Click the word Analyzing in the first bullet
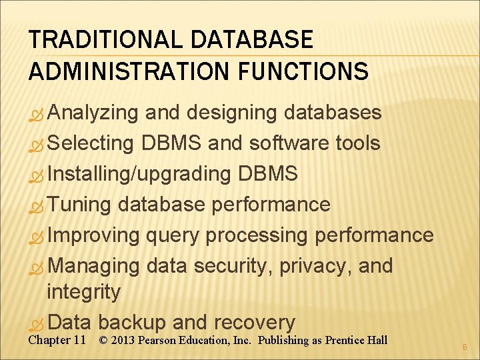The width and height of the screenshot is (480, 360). (x=93, y=113)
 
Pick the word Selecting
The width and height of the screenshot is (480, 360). (x=91, y=143)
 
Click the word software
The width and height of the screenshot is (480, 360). (x=289, y=143)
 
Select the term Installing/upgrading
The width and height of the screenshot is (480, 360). (x=139, y=174)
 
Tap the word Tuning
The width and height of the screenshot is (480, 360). (x=79, y=205)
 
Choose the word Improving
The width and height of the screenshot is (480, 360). (x=94, y=235)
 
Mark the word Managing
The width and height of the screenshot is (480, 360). (x=94, y=266)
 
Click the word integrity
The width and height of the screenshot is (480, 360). (x=84, y=291)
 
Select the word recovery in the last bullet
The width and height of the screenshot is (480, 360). (x=254, y=323)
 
